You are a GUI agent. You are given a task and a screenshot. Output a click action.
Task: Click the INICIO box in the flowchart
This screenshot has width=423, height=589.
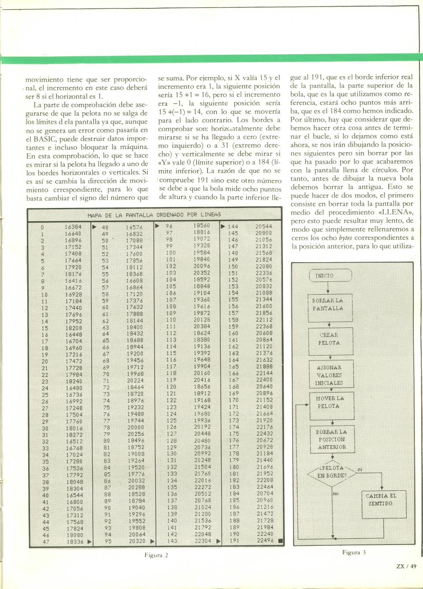click(330, 276)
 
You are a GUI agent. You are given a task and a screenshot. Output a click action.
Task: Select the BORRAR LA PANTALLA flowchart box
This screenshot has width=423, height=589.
click(330, 305)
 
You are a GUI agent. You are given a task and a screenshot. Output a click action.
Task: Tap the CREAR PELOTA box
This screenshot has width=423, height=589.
click(330, 339)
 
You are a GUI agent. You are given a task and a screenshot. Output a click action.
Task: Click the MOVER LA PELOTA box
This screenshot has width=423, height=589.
click(330, 402)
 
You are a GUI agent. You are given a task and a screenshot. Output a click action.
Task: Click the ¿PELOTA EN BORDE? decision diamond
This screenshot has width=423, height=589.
click(332, 473)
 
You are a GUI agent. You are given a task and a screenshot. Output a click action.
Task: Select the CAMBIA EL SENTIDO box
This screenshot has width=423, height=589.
click(381, 500)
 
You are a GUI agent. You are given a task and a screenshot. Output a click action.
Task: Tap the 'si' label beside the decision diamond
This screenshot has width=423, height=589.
click(360, 470)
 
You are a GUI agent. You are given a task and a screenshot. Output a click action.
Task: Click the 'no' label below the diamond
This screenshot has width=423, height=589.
click(336, 494)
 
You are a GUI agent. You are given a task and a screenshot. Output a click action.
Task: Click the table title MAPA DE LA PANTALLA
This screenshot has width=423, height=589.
click(154, 215)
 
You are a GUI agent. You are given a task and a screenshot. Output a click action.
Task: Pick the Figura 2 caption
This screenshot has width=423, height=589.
click(156, 555)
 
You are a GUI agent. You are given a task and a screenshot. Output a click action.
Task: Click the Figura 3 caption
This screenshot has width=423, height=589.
click(354, 552)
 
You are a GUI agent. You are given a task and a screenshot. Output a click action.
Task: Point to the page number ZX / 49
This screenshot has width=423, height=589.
click(406, 567)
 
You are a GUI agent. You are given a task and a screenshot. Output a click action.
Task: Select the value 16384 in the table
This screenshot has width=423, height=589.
click(73, 227)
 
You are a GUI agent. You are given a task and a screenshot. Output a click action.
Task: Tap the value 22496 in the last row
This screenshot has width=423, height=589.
click(265, 541)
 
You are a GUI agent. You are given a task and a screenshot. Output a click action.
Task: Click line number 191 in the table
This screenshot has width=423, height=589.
click(234, 541)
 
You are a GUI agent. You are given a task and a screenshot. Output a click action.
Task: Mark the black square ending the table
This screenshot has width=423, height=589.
click(280, 541)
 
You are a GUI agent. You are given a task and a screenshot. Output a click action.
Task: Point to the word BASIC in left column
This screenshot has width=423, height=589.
click(45, 139)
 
